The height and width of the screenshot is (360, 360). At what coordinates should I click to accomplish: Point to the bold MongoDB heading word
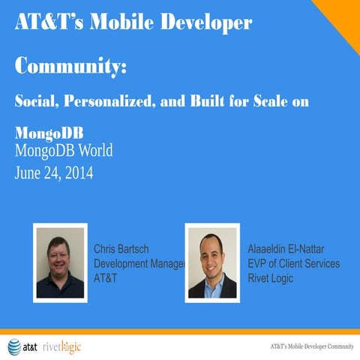click(49, 132)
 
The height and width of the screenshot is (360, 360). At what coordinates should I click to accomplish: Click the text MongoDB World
click(64, 151)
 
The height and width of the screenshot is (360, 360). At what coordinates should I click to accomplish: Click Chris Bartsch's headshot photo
click(61, 262)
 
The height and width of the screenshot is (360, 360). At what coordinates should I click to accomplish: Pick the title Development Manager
click(139, 263)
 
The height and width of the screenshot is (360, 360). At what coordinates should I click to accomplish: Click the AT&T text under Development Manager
click(106, 278)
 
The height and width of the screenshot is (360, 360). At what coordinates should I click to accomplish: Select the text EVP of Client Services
click(293, 263)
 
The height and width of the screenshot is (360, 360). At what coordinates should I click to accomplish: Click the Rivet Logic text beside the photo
click(270, 278)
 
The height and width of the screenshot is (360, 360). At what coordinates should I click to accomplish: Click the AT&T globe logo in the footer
click(14, 346)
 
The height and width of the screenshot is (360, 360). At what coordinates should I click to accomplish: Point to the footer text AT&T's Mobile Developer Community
click(311, 346)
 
